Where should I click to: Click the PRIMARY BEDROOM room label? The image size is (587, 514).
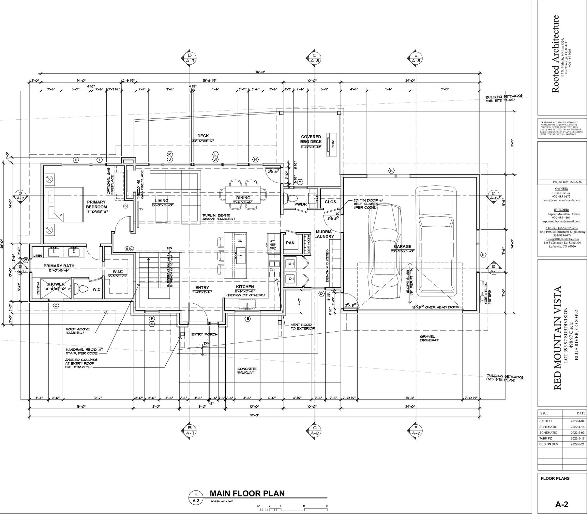(x=96, y=204)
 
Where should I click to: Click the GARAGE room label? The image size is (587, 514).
(x=402, y=247)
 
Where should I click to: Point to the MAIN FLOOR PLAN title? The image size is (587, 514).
(x=247, y=493)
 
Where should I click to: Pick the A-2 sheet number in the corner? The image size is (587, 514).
(x=562, y=505)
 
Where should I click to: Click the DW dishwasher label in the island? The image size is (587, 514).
(x=240, y=240)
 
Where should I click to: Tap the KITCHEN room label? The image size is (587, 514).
(x=245, y=287)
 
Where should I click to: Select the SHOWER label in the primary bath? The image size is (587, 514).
(x=55, y=284)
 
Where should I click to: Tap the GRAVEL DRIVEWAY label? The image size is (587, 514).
(x=429, y=338)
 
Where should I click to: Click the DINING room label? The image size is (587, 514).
(x=243, y=198)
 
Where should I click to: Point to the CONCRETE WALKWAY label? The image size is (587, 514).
(x=247, y=370)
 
